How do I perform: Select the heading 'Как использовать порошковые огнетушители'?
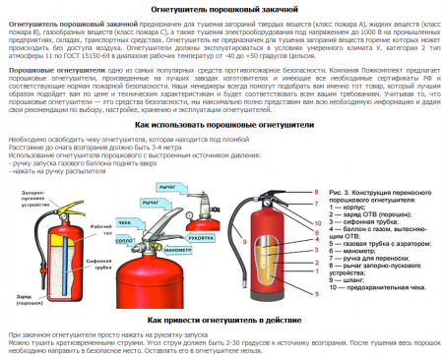pos(221,127)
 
